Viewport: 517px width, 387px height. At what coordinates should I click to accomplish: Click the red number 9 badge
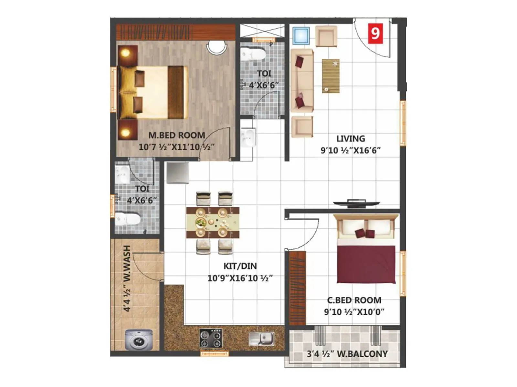pos(375,33)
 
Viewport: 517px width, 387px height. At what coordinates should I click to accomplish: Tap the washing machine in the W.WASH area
pos(139,340)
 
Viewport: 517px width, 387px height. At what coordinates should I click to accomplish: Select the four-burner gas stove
pos(211,338)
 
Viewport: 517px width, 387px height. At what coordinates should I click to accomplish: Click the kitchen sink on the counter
pos(262,339)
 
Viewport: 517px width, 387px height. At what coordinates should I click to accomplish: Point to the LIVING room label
pos(351,139)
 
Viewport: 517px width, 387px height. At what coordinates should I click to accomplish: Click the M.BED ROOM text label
pos(176,135)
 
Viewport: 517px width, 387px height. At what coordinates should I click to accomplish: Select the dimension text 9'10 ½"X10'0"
pos(354,312)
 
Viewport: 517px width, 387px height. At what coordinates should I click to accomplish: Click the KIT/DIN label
pos(240,266)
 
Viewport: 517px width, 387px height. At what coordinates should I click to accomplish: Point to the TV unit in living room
pos(357,203)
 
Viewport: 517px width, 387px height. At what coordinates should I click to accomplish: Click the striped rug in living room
pos(331,76)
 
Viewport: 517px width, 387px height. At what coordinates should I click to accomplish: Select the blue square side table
pos(301,36)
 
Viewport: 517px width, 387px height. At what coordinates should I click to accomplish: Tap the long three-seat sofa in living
pos(302,81)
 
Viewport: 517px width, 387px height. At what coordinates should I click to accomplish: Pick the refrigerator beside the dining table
pos(177,173)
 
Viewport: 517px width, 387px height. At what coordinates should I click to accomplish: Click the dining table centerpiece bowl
pos(201,222)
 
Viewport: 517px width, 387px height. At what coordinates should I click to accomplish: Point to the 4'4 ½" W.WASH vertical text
pos(127,278)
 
